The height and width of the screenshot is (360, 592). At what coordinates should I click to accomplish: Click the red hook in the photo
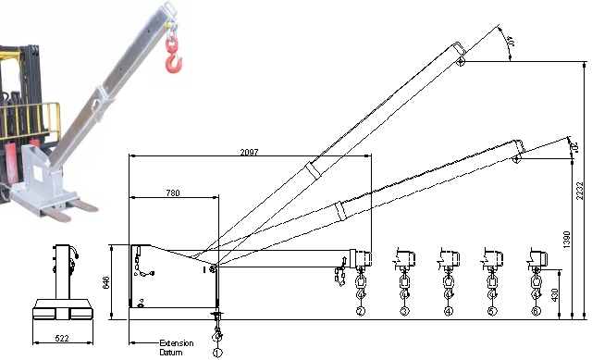point(172,54)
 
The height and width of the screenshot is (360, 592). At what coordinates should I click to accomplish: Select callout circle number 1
point(218,352)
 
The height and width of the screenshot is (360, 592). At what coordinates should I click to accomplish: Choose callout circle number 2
point(360,311)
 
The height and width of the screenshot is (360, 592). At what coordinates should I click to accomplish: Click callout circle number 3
point(404,311)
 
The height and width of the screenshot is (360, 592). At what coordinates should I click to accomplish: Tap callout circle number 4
point(449,311)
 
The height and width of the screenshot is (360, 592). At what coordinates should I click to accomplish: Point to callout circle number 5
point(492,311)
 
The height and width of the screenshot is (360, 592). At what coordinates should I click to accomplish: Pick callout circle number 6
point(536,311)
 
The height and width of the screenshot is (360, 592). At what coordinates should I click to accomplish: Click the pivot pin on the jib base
point(213,268)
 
